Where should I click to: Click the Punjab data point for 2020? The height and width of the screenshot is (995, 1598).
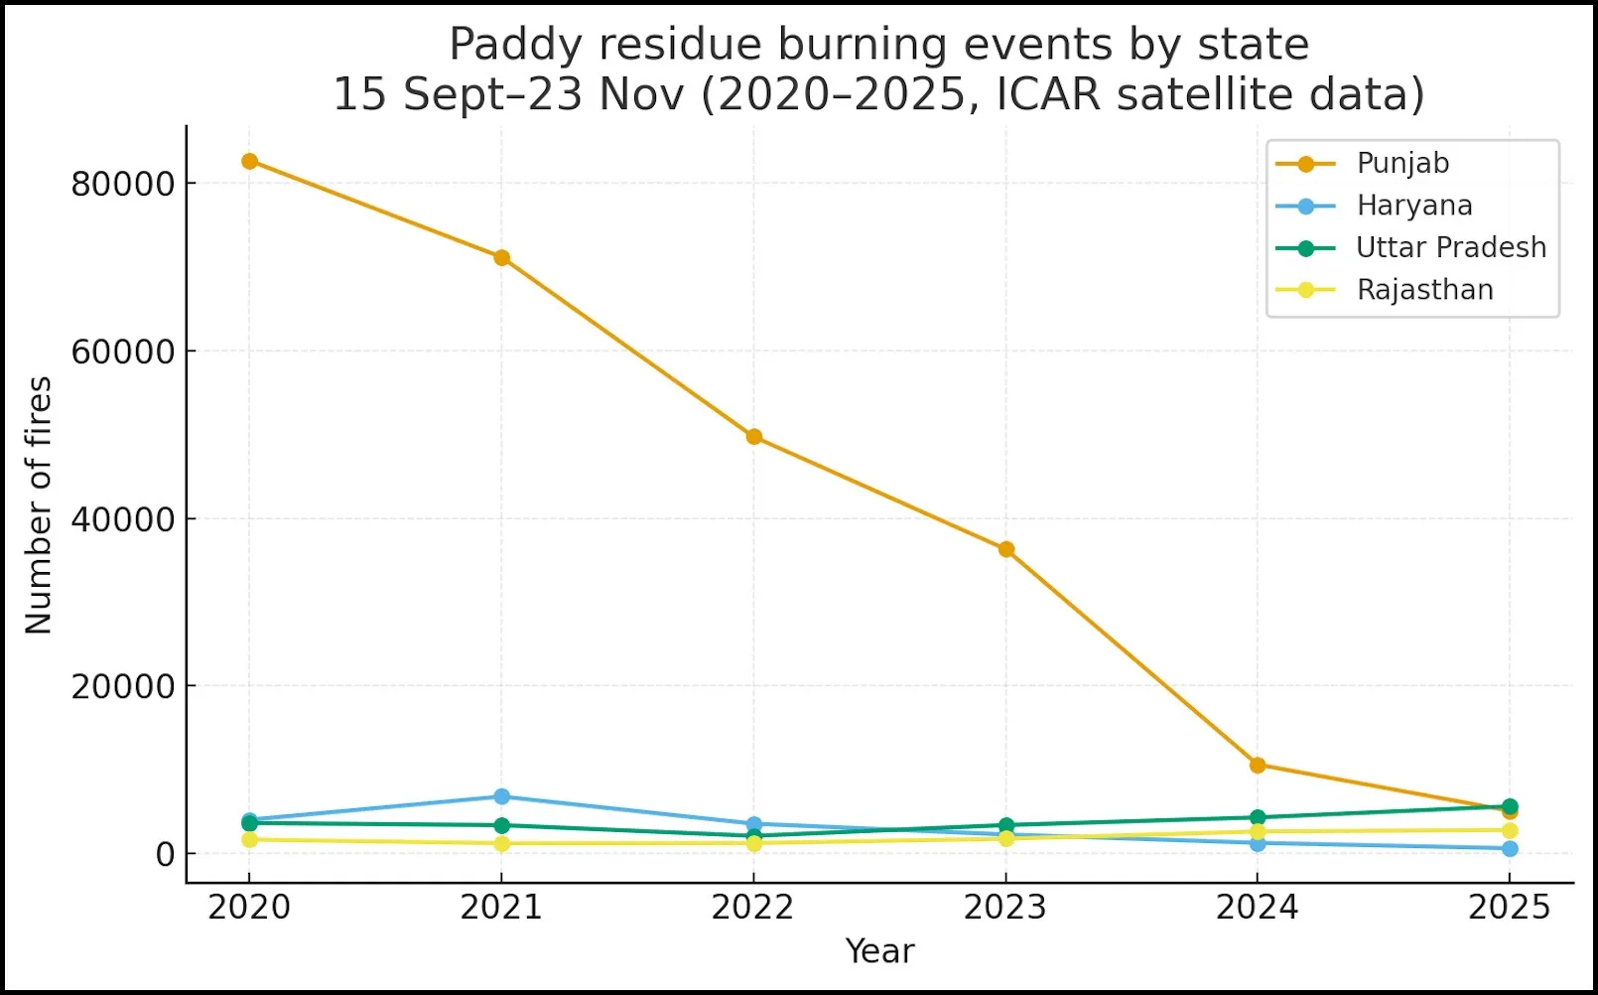tap(249, 161)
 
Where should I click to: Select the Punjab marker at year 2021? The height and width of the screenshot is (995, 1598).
tap(501, 258)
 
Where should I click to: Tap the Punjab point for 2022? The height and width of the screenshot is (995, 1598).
tap(753, 437)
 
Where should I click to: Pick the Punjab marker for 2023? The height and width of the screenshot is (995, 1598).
tap(1005, 549)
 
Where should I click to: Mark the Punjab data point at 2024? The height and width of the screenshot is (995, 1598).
tap(1258, 765)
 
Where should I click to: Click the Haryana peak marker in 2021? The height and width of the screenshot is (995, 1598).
tap(501, 796)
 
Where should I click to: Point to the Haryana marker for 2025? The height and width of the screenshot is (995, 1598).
tap(1510, 849)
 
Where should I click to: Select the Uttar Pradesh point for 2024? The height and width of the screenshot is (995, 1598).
tap(1258, 818)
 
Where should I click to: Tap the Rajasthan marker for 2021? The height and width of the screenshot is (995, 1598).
tap(501, 843)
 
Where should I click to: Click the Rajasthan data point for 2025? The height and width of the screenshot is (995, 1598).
tap(1510, 830)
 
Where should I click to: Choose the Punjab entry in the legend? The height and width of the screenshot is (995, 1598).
tap(1401, 163)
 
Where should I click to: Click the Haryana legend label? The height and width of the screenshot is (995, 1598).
tap(1413, 206)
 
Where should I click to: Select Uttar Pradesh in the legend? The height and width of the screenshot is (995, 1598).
tap(1450, 247)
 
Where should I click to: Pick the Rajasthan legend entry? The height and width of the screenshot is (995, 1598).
tap(1424, 290)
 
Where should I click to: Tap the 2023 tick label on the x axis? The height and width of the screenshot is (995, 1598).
tap(1005, 908)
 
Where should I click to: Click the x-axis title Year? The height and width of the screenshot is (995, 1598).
tap(879, 951)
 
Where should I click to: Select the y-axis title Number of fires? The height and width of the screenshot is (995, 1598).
tap(39, 505)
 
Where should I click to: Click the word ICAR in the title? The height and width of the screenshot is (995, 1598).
tap(1049, 95)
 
